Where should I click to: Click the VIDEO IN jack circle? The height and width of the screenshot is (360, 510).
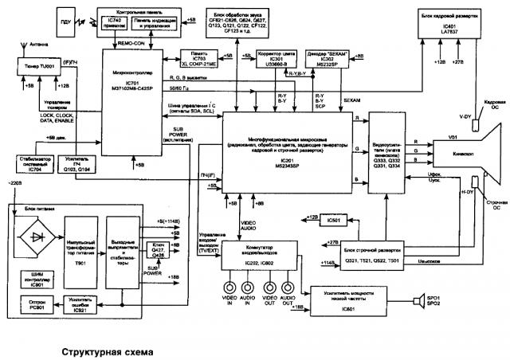click(x=231, y=288)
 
